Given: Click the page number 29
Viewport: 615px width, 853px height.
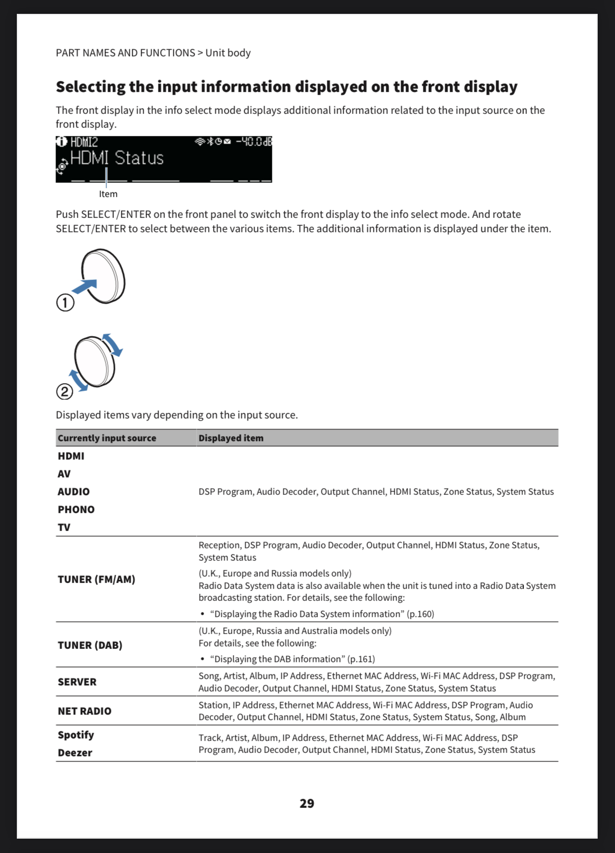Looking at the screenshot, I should point(307,803).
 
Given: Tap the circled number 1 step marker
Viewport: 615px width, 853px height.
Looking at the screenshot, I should point(65,302).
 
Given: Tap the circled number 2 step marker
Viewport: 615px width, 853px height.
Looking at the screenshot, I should point(64,392).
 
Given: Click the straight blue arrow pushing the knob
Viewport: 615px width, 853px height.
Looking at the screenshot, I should point(85,287).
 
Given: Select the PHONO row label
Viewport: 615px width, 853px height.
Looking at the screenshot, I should point(76,509).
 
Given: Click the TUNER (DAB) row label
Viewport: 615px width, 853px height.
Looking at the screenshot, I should point(90,645).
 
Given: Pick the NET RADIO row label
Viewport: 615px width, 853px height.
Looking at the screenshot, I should point(84,711).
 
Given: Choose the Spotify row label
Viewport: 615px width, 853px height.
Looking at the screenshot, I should point(75,735).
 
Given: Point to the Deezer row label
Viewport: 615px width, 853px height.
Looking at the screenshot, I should point(75,752).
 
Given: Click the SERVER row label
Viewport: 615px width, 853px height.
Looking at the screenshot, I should point(77,682).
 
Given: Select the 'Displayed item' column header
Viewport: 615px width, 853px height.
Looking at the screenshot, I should point(231,438).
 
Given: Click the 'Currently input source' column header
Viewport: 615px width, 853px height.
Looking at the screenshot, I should point(106,438).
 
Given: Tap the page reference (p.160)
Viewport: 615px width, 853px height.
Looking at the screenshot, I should point(420,614).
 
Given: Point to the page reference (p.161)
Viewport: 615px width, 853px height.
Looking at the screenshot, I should point(361,659).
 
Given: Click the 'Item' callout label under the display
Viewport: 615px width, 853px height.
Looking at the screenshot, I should point(108,194).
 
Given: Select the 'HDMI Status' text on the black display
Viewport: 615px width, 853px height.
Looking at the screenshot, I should point(117,158).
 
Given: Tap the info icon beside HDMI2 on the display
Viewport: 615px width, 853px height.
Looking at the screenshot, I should point(61,142).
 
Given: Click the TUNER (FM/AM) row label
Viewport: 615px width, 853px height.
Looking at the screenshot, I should point(96,579).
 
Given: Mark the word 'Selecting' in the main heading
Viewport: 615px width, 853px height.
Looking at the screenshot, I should point(91,87).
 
